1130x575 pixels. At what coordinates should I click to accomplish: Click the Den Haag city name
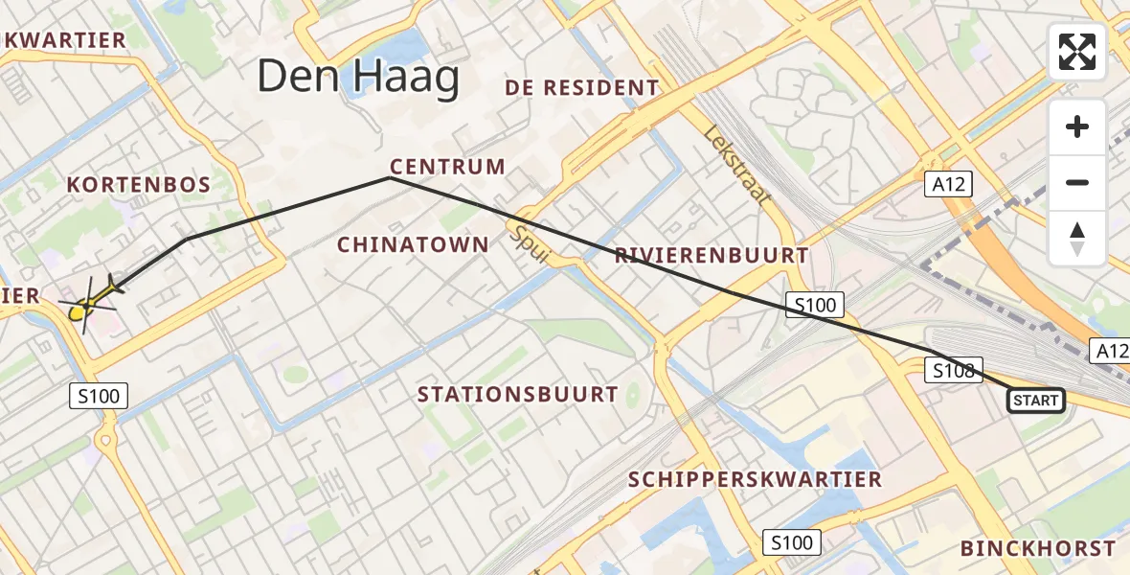pos(358,78)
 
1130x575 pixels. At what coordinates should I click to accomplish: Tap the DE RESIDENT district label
pos(582,88)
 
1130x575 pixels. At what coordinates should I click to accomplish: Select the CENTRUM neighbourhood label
pos(447,167)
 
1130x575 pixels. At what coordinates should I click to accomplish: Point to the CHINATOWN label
pos(413,245)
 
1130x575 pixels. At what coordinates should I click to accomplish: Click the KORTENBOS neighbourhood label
pos(138,185)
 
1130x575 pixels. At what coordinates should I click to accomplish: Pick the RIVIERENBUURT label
pos(712,256)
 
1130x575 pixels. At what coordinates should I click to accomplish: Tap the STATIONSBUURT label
pos(517,395)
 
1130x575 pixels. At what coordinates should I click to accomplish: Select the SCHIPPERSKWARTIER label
pos(755,479)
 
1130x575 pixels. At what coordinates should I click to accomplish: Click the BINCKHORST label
pos(1038,549)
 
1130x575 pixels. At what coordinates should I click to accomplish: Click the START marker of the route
pos(1036,401)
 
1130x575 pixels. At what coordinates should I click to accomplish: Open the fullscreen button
pos(1077,52)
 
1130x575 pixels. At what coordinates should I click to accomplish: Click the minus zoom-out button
pos(1077,182)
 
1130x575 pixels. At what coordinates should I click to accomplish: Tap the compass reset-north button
pos(1077,238)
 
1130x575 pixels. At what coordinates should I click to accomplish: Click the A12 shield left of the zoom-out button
pos(949,184)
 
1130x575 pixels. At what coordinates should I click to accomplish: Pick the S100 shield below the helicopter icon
pos(99,395)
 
